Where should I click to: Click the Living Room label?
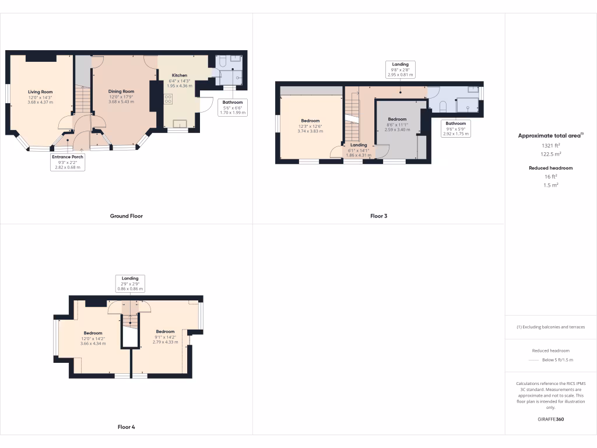tap(40, 92)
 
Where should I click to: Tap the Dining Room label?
tap(121, 91)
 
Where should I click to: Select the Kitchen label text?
tap(180, 76)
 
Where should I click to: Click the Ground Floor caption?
tap(127, 216)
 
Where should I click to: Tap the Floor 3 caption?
tap(378, 216)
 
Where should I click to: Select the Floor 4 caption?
tap(126, 427)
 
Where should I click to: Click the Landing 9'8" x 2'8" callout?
tap(400, 69)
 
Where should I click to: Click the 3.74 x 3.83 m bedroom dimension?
tap(310, 131)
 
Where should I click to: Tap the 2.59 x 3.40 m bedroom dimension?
tap(396, 129)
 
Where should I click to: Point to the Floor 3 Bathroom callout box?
tap(456, 128)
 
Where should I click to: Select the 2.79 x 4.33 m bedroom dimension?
tap(166, 341)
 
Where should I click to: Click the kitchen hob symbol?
tap(168, 98)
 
